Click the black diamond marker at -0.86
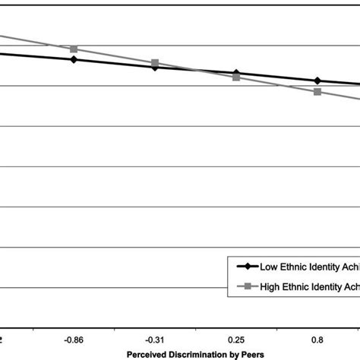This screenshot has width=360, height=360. (x=74, y=58)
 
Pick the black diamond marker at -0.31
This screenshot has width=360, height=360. (x=155, y=67)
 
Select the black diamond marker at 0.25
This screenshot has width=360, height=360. (x=236, y=74)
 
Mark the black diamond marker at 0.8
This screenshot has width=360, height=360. (x=317, y=81)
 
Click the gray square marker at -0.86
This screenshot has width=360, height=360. (x=74, y=49)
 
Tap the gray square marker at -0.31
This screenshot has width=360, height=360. (x=155, y=63)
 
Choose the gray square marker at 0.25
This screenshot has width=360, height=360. (x=236, y=77)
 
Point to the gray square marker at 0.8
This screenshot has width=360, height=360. (x=317, y=92)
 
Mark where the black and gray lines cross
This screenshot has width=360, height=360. (x=196, y=71)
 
